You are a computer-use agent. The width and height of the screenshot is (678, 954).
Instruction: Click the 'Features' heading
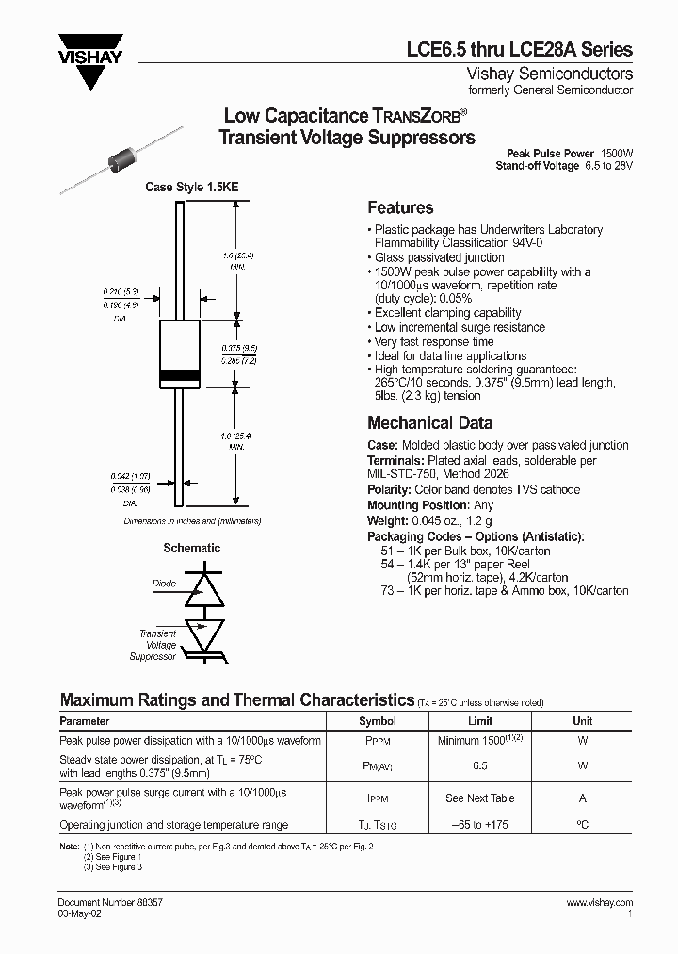400,208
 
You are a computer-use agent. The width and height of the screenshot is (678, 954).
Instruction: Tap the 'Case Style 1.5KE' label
191,188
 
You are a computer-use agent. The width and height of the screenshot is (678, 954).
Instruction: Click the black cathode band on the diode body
180,376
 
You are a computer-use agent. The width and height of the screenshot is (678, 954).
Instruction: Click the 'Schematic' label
192,548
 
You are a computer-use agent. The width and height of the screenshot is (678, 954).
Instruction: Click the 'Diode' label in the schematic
164,584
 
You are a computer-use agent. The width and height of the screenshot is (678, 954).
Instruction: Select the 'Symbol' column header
378,721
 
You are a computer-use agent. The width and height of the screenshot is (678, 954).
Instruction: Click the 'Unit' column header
583,721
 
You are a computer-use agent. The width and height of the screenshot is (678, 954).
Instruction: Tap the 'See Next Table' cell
480,798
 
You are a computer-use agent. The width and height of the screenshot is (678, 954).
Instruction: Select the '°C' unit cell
583,825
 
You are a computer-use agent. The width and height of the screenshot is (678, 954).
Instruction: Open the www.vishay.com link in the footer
600,902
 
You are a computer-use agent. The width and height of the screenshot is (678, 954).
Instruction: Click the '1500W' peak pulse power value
618,153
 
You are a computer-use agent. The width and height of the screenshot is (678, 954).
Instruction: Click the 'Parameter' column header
85,721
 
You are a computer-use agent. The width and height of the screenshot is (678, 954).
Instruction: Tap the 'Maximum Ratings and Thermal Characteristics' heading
237,700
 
